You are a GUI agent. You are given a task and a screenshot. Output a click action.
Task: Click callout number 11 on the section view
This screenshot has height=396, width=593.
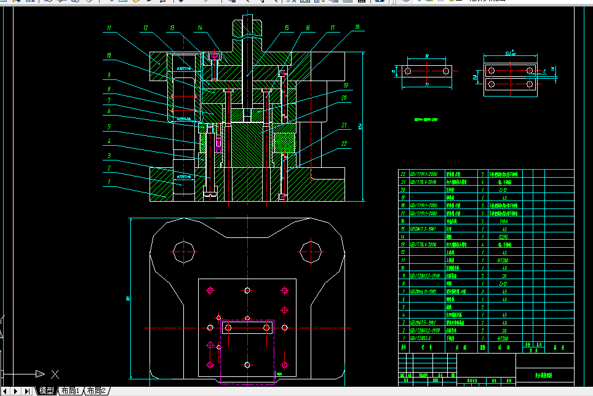tap(108, 28)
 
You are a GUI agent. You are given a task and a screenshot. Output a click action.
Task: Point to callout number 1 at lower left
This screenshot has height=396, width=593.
tap(108, 182)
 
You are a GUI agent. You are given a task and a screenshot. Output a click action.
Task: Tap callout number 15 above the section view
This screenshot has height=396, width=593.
tap(287, 28)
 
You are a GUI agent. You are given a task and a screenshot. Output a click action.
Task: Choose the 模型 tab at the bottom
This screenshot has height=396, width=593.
tap(46, 391)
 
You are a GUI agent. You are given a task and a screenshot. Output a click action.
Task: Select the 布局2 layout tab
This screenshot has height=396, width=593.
tap(97, 391)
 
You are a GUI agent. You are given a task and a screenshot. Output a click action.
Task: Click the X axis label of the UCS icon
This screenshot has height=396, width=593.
tap(55, 373)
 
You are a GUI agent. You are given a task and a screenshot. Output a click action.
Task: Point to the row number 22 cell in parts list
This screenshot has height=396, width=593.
tap(404, 174)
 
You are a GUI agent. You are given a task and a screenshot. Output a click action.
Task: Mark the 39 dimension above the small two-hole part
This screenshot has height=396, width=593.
tap(426, 55)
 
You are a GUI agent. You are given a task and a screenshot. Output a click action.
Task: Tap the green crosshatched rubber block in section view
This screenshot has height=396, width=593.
tap(285, 144)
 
